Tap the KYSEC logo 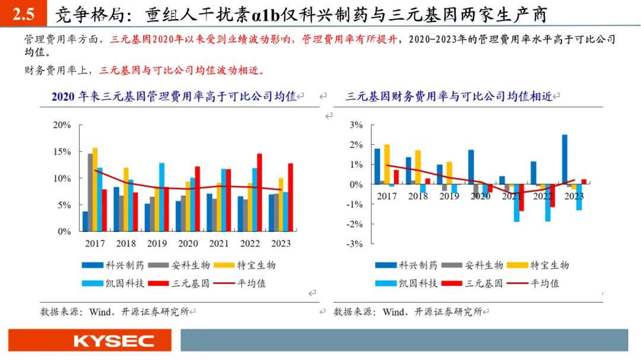113,341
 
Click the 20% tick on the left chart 62,125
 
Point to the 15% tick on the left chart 62,152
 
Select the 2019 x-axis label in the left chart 157,244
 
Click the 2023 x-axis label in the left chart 281,244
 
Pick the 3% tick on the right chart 356,125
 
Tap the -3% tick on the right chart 354,244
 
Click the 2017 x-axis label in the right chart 386,196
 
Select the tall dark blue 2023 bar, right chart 564,160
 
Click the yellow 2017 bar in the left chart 95,189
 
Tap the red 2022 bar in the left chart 259,192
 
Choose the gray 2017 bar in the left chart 90,192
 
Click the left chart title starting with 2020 173,96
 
